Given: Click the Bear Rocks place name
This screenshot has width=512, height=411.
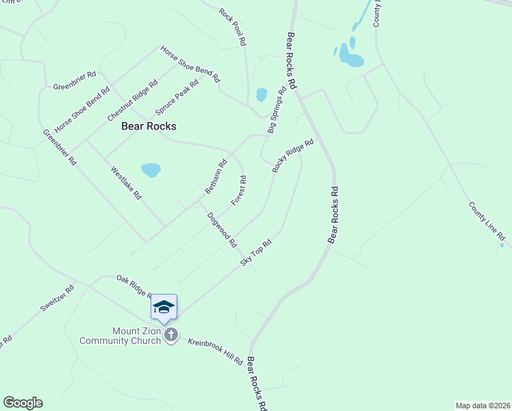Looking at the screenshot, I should [149, 126].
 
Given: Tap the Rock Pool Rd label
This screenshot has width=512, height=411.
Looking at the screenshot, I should [232, 27].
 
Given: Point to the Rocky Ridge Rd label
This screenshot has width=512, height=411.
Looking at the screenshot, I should [292, 155].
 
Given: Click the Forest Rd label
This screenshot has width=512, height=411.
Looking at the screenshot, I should [238, 190].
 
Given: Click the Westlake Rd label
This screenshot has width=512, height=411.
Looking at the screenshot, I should [126, 184].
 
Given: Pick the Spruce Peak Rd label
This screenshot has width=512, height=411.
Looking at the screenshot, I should [177, 97].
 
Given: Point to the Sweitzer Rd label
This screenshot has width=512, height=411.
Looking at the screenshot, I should [56, 299].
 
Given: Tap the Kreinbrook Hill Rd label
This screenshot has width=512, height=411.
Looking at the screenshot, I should [216, 351].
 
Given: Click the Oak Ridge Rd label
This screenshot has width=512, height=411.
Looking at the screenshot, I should [133, 286].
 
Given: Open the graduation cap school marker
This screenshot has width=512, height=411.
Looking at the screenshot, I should [164, 306].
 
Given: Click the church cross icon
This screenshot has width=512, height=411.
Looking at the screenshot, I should [171, 336].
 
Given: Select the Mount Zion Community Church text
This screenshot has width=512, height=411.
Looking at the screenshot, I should [120, 336].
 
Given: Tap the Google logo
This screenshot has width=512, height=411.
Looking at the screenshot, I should [23, 403].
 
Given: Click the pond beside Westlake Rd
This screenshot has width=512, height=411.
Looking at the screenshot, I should [151, 169].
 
